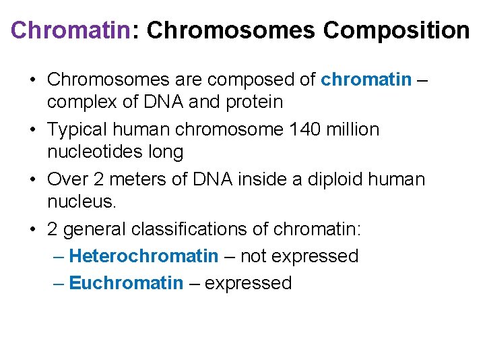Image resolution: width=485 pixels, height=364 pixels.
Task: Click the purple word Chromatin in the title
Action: [x=70, y=30]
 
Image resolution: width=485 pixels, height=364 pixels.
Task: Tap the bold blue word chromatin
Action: [x=366, y=80]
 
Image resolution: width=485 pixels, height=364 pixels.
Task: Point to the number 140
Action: [x=294, y=129]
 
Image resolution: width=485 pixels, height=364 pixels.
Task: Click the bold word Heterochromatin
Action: [x=143, y=256]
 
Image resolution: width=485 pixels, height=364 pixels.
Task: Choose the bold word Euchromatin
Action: [x=126, y=283]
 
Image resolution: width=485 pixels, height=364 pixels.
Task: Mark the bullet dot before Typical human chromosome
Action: [x=32, y=129]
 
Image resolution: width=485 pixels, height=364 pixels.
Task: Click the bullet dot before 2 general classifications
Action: [x=32, y=230]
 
